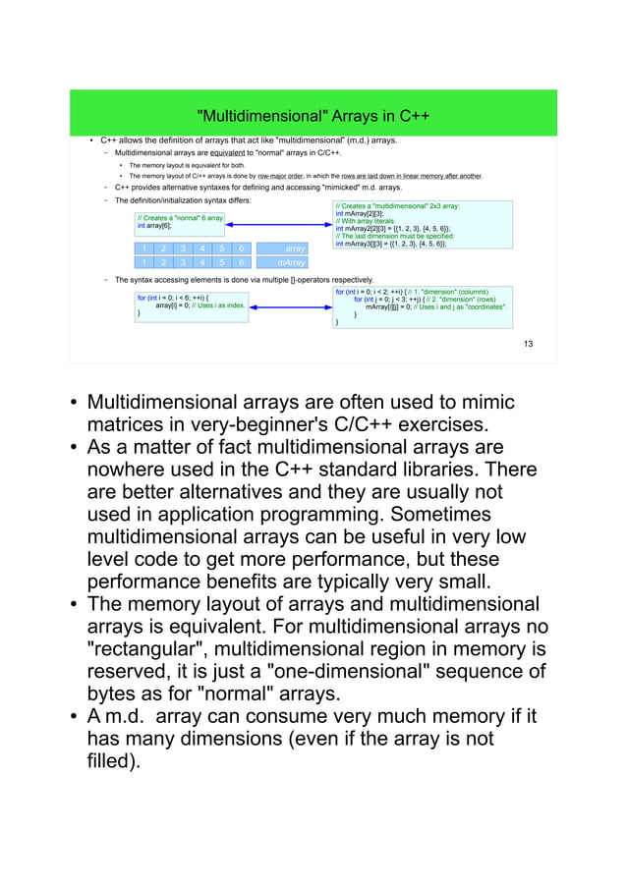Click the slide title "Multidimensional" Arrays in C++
[x=313, y=117]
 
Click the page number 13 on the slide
[x=528, y=343]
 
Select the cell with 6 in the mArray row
[x=241, y=263]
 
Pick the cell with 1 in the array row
[x=143, y=249]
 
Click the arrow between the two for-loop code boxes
[x=290, y=306]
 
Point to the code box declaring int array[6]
[x=180, y=221]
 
